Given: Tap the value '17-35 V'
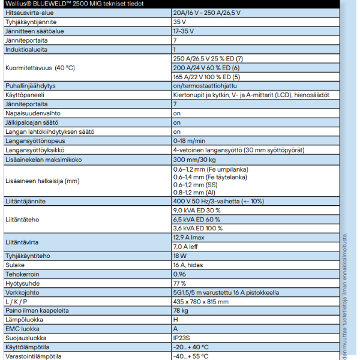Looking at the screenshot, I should [184, 30].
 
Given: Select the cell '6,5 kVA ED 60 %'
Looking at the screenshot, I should [197, 220].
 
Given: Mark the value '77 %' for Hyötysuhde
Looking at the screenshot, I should [179, 283].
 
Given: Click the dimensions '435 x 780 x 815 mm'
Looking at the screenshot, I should [200, 301].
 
